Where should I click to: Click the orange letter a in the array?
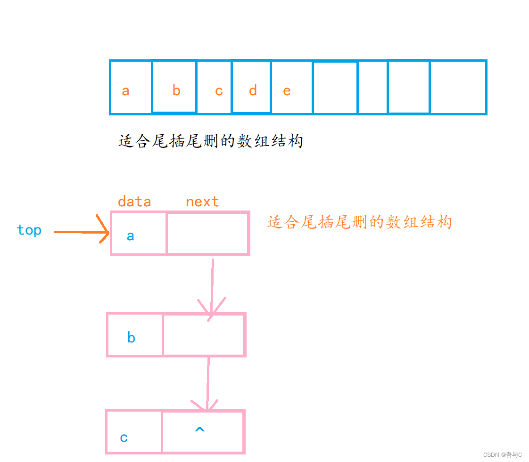pos(125,90)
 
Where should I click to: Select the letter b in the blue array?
pos(176,90)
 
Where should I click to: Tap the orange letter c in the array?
pos(219,90)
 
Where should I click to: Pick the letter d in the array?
pos(253,90)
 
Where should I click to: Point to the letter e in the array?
pos(287,90)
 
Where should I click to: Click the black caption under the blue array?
pos(210,141)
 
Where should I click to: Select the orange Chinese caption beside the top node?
pos(360,222)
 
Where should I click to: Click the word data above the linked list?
pos(134,202)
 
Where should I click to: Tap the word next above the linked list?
pos(202,202)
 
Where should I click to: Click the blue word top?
pos(29,230)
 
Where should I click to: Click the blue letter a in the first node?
pos(131,235)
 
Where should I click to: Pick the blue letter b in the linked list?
pos(132,337)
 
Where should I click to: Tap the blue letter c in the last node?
pos(124,438)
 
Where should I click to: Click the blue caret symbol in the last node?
pos(200,430)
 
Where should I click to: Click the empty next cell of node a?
pos(207,234)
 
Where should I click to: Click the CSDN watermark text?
pos(503,454)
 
